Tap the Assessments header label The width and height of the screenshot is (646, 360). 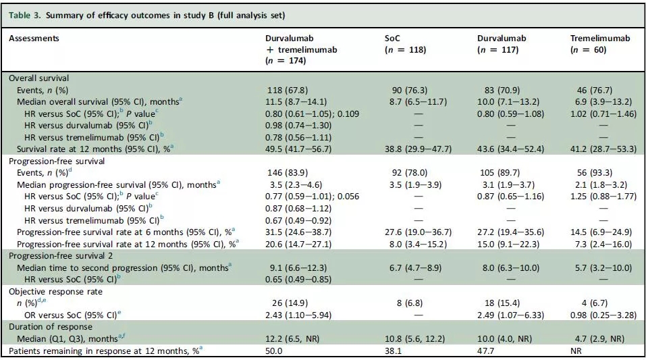click(34, 38)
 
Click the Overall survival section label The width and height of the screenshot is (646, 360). click(38, 78)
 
